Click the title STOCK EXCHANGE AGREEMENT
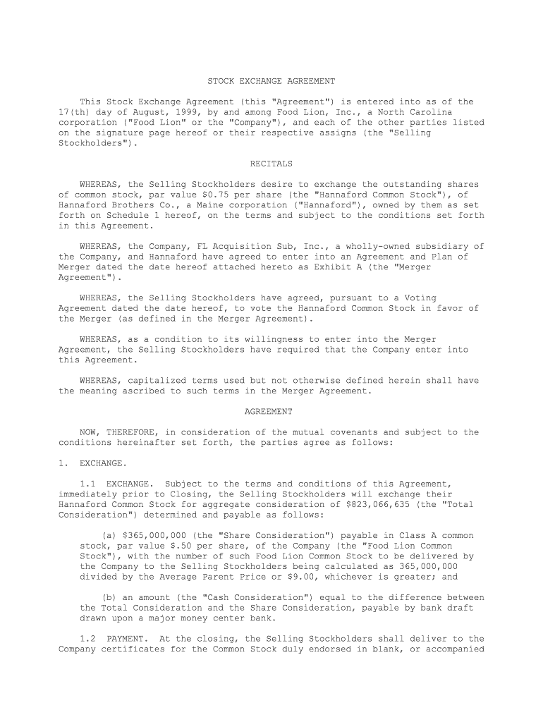tap(271, 81)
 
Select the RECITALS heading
tap(271, 164)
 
